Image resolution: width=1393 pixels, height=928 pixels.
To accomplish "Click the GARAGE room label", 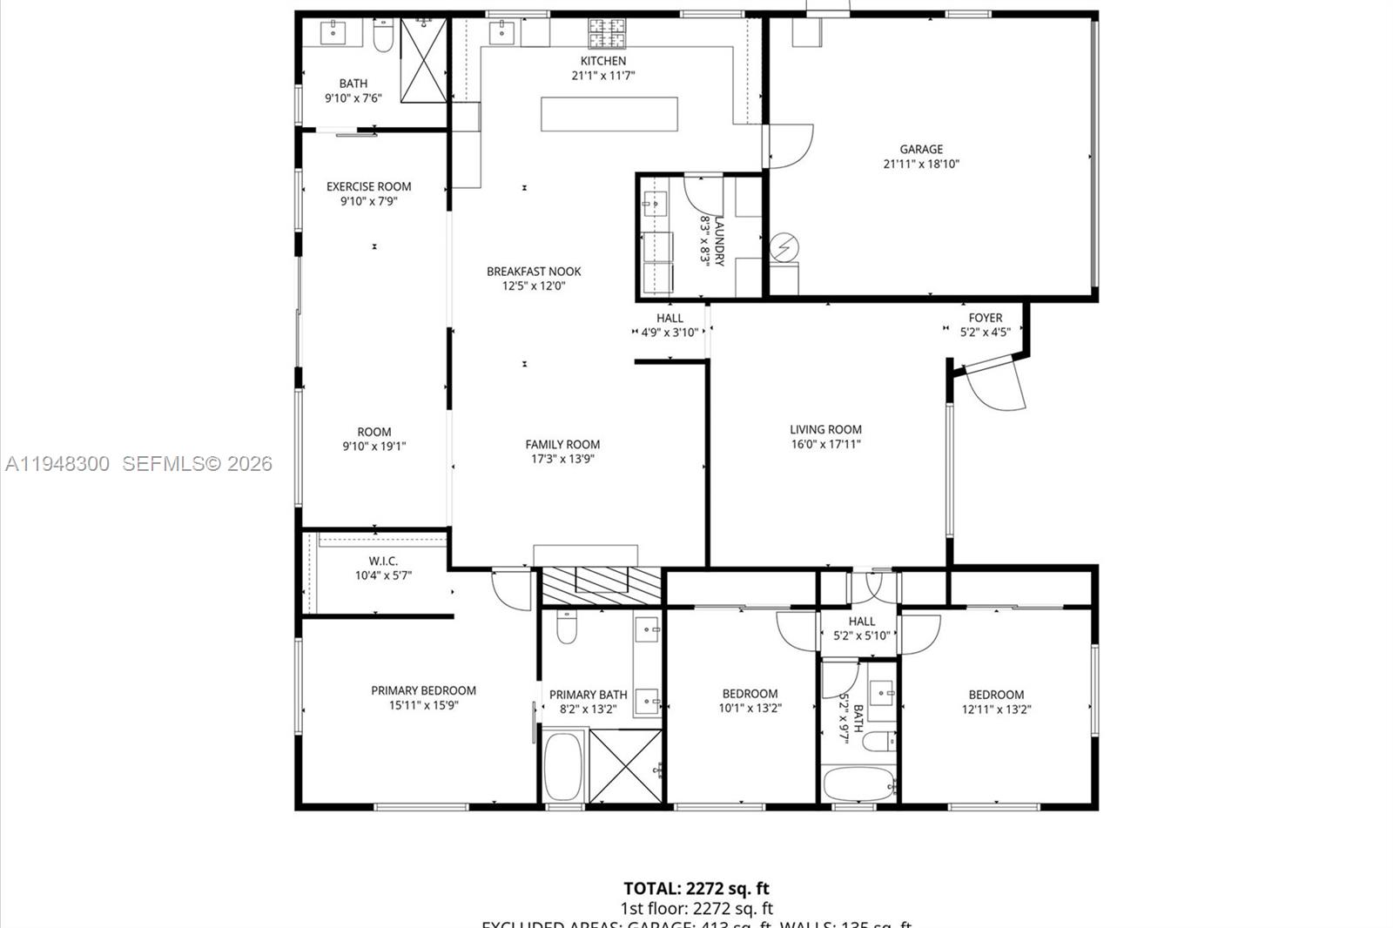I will click(921, 149).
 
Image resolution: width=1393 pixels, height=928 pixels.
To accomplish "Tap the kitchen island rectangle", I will click(609, 114).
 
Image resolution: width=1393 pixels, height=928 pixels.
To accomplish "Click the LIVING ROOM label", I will click(825, 429).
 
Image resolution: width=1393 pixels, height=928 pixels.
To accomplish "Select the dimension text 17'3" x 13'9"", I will click(562, 459).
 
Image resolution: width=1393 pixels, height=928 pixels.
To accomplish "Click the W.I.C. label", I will click(383, 561).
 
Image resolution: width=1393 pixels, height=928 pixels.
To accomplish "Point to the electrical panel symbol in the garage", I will click(784, 248).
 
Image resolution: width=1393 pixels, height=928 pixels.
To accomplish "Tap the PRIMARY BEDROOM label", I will click(423, 690).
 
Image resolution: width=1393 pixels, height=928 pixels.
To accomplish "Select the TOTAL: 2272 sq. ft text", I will click(696, 889).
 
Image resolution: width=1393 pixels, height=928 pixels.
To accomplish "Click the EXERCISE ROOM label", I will click(368, 186).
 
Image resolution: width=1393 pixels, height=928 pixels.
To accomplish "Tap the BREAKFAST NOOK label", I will click(534, 272).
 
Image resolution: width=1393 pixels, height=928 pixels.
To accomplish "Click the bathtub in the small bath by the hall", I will click(858, 784).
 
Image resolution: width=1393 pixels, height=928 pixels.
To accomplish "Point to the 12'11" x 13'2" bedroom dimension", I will click(996, 709).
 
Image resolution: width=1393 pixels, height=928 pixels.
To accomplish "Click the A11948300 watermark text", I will click(57, 464).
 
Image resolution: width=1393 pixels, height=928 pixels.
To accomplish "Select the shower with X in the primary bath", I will click(626, 765).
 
